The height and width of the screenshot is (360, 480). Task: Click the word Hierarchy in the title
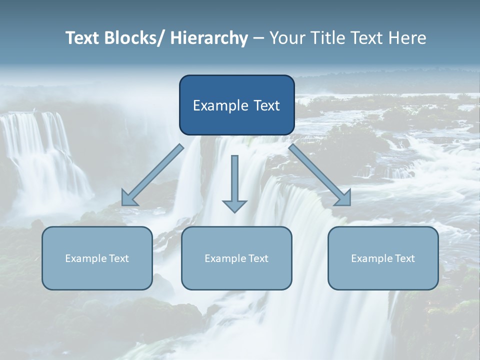[209, 38]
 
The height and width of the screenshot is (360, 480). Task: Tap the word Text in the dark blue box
[265, 105]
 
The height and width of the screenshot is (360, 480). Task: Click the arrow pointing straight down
[234, 180]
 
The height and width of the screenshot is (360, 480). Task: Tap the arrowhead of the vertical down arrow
[234, 205]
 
